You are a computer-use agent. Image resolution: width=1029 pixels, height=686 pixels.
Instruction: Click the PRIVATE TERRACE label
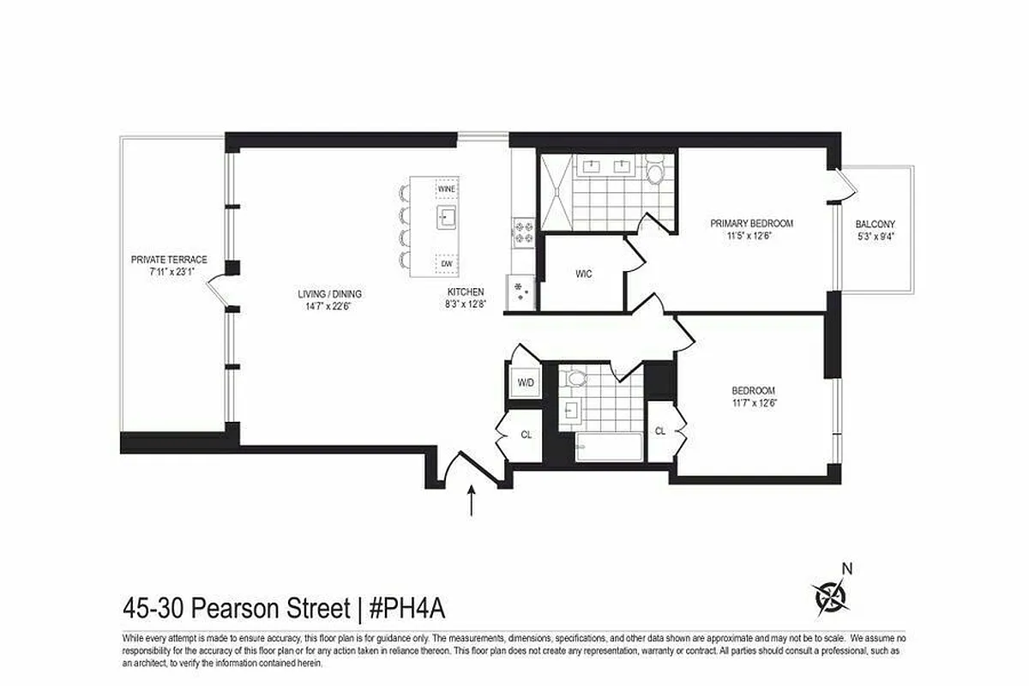(169, 259)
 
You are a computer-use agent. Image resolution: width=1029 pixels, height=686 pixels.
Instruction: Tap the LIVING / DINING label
(322, 293)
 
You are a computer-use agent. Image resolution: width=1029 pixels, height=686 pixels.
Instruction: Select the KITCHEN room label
(465, 292)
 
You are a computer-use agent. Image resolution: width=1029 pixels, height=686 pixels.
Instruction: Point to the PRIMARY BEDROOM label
(751, 223)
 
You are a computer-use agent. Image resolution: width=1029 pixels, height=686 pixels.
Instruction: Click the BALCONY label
(875, 224)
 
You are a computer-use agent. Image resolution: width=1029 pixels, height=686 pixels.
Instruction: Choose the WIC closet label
(584, 274)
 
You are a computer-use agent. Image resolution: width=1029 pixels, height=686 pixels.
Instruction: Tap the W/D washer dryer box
(525, 382)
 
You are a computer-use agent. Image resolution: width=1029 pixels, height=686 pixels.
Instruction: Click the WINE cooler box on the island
(446, 188)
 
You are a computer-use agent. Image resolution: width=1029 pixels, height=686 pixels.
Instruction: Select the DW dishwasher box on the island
(447, 264)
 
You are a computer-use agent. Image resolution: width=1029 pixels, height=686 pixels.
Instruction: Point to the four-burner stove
(523, 232)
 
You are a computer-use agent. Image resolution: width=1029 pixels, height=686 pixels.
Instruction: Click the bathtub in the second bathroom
(609, 447)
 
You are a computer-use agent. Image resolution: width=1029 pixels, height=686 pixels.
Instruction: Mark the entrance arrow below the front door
(472, 501)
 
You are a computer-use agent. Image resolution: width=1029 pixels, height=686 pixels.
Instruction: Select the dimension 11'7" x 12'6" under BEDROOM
(755, 402)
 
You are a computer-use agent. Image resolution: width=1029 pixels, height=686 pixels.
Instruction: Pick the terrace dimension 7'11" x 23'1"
(169, 271)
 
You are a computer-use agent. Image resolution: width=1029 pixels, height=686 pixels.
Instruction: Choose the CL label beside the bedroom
(659, 431)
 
